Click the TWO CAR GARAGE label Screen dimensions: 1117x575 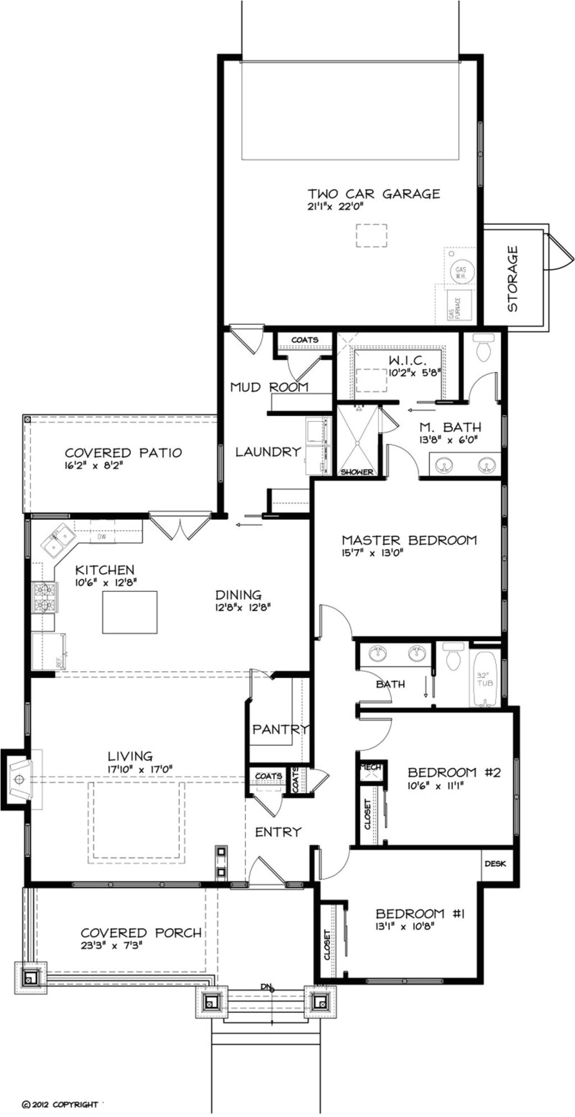373,194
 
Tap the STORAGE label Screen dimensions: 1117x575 512,279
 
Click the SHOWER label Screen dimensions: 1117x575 357,472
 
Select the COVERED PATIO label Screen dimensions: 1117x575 123,453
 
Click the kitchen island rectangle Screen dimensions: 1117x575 130,612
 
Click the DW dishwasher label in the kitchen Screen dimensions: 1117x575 102,537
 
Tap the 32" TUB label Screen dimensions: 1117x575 484,679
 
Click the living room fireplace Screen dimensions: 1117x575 20,779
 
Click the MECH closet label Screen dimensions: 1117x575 371,767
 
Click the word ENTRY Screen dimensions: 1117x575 278,832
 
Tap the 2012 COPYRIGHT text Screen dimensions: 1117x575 60,1104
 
